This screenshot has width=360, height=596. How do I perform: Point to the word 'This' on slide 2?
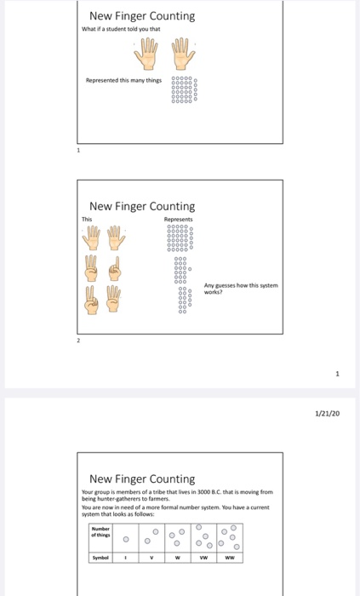coord(88,219)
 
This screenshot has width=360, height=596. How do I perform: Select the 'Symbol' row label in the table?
coord(100,559)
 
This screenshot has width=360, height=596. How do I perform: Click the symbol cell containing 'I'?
coord(127,559)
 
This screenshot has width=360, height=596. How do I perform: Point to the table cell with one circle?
coord(127,538)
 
